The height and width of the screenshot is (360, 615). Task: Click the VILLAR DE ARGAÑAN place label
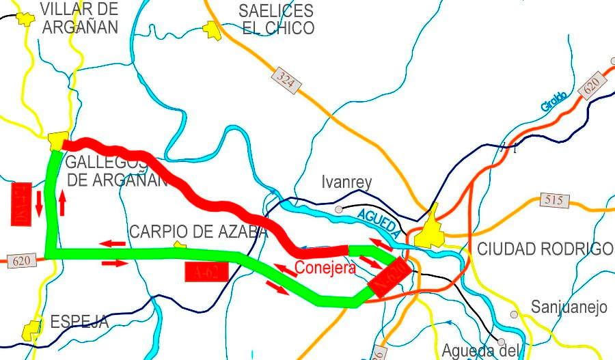79,18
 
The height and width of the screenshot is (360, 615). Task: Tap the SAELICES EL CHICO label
276,19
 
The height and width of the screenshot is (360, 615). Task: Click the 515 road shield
553,199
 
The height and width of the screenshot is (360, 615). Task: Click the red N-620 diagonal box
389,277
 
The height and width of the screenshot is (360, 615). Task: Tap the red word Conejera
325,267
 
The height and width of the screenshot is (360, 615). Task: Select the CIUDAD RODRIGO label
545,249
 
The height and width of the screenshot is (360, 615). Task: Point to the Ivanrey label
346,182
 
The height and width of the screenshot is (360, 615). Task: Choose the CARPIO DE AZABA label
198,232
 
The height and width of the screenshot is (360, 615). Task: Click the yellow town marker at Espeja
30,331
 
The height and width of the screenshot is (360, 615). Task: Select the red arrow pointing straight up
62,204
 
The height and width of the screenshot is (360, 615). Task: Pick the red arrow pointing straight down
39,202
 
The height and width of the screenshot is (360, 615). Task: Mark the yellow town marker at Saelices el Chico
213,29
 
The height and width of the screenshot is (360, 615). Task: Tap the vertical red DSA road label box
20,203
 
